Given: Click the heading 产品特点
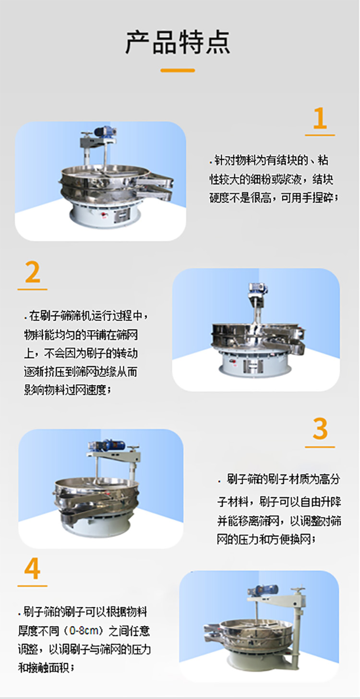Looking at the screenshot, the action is point(178,42).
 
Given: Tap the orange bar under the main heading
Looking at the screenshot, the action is point(178,71).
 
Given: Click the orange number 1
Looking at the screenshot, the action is point(320,118).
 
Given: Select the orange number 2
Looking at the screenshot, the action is point(33,272).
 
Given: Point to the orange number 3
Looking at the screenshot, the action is point(320,429).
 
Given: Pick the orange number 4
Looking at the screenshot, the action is point(33,568).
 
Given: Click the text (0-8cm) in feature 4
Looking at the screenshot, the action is point(84,631).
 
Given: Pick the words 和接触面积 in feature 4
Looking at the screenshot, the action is point(44,667).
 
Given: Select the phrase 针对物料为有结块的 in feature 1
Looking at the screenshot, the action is point(261,160).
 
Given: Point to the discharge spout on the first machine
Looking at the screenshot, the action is point(156,187).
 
